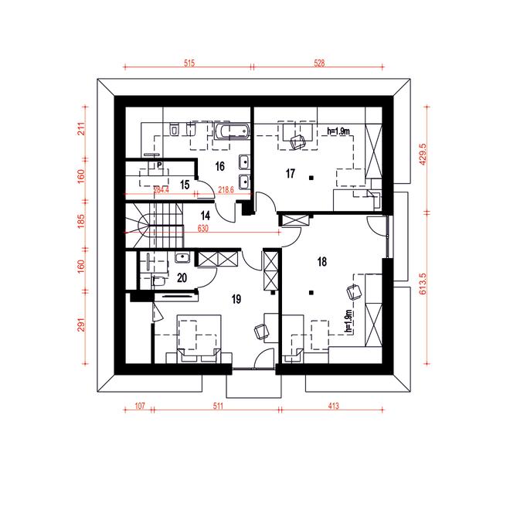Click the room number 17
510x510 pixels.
point(291,174)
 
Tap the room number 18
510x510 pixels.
point(322,262)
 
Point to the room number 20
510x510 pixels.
point(182,277)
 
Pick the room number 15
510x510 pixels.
point(185,184)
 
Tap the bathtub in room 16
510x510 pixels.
point(230,134)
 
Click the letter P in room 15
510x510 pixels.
point(158,165)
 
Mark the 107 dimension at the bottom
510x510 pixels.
point(140,405)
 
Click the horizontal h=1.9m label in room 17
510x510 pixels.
point(339,131)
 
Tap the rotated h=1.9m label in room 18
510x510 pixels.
point(348,321)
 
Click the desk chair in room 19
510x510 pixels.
point(260,331)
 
